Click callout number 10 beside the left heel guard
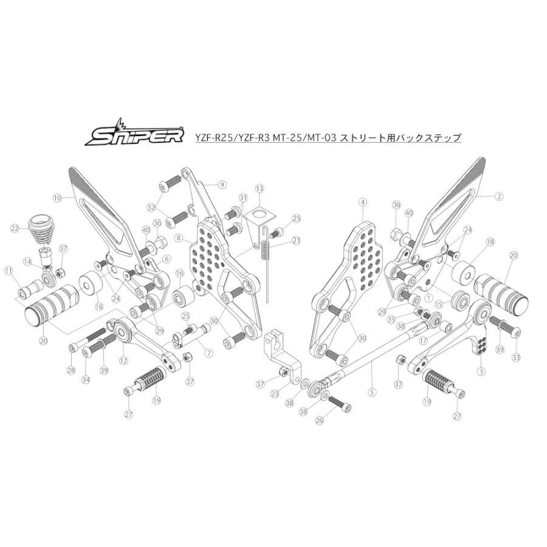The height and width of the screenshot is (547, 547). coord(58,198)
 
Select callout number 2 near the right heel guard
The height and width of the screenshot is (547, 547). coord(499,196)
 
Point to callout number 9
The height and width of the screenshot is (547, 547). coord(221,184)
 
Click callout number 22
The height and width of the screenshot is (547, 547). coord(14,228)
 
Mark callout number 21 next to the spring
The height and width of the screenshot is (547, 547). coord(296,240)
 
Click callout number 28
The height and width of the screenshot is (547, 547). coord(72,371)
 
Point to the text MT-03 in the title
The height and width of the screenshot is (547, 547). coord(325,138)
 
